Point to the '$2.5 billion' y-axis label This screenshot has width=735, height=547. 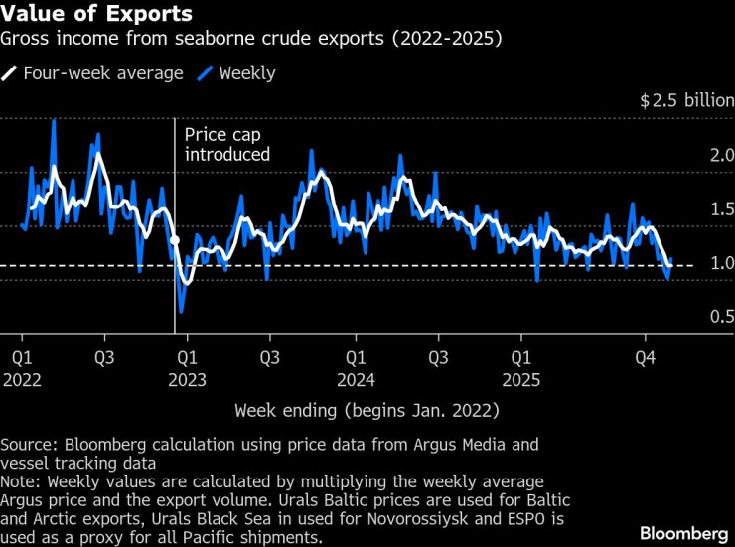coord(685,101)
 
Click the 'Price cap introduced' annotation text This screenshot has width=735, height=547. coord(227,145)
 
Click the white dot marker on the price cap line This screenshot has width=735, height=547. coord(175,240)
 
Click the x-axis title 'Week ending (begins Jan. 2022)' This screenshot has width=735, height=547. coord(367,410)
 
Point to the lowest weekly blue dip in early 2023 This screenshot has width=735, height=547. coord(180,311)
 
